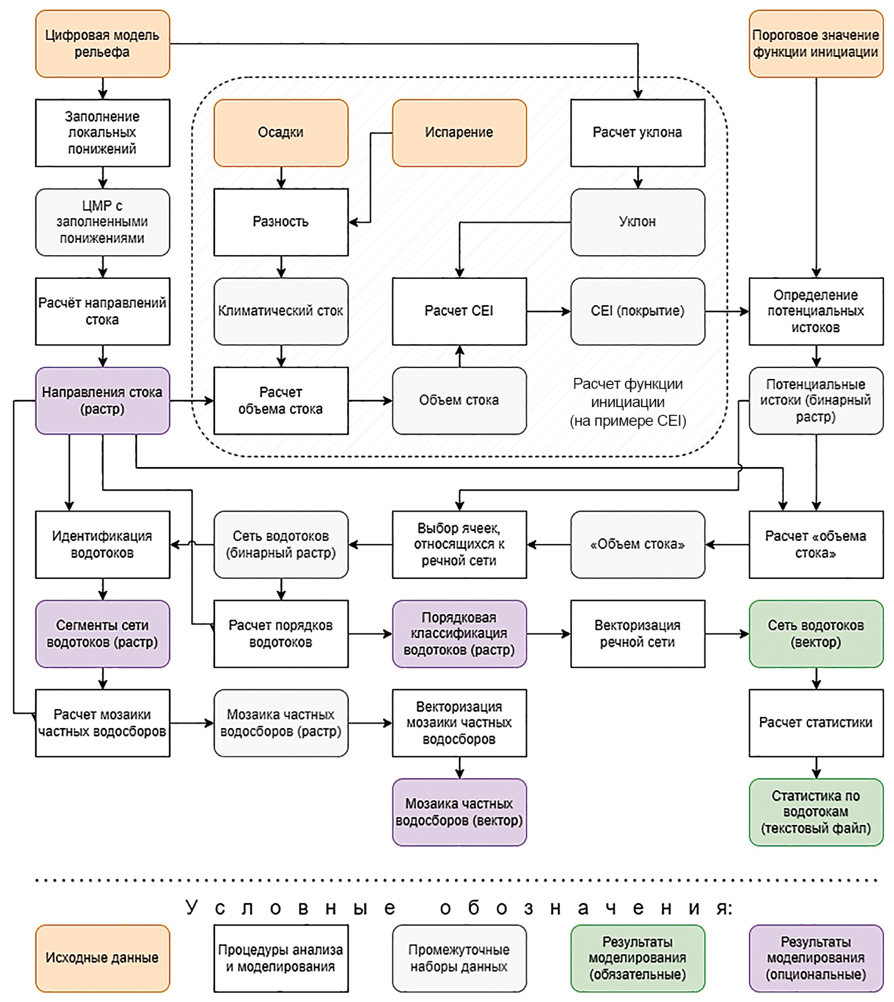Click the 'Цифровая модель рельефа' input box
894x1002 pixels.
pos(103,44)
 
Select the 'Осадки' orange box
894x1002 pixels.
pos(281,133)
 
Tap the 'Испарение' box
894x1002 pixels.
pos(459,133)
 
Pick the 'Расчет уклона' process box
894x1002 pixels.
pos(638,133)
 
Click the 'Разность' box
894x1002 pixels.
pos(281,222)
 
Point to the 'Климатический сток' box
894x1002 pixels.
pos(281,311)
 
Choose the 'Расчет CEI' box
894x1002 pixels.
pos(459,311)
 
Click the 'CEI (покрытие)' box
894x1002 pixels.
pos(638,311)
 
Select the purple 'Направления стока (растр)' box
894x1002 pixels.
pos(103,401)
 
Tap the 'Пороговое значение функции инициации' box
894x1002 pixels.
pos(816,44)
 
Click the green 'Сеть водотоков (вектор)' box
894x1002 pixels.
pos(816,634)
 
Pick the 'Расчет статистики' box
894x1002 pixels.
pos(816,723)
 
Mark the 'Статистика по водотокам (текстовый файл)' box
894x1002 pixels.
pos(816,812)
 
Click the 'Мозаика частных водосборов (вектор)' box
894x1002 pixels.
pos(459,812)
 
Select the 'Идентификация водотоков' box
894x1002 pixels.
pos(103,544)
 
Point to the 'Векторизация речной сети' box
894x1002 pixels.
pos(638,634)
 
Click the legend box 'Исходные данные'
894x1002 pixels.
pos(103,958)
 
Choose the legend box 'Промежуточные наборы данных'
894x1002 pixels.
pos(459,958)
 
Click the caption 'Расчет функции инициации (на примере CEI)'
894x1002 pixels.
pos(628,402)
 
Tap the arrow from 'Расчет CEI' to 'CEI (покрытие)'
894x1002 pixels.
pos(548,311)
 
